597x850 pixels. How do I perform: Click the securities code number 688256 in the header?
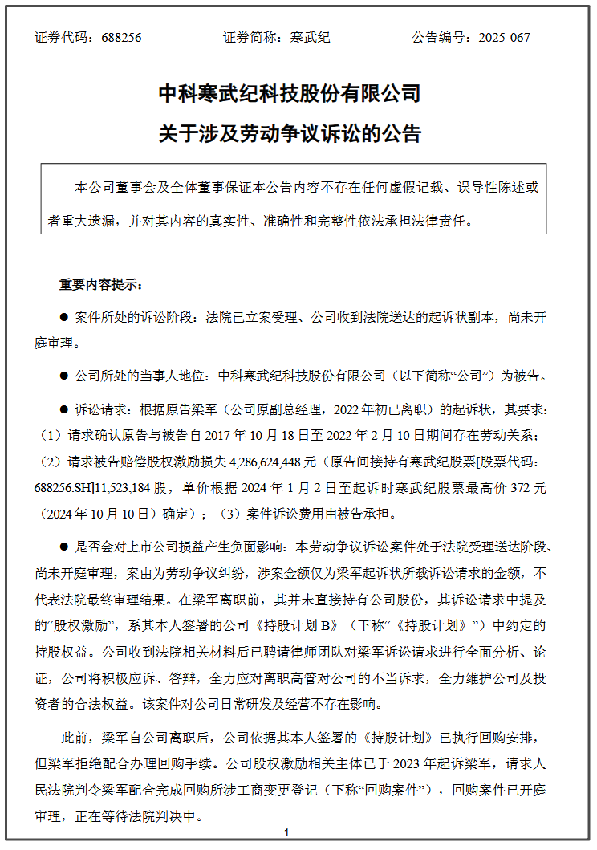[123, 38]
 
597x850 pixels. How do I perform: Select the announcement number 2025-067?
[504, 38]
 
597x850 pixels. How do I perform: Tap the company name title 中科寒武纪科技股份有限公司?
[290, 93]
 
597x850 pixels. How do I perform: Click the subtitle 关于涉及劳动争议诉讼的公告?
[290, 133]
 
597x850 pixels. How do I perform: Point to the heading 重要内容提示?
[99, 284]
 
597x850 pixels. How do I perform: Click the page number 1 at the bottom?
[286, 834]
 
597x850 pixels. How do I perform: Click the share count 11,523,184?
[125, 487]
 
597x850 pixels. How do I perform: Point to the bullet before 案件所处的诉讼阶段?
[65, 318]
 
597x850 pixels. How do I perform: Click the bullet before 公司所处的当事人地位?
[65, 375]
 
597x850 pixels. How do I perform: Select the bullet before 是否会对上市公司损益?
[65, 547]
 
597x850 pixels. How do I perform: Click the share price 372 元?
[526, 487]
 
